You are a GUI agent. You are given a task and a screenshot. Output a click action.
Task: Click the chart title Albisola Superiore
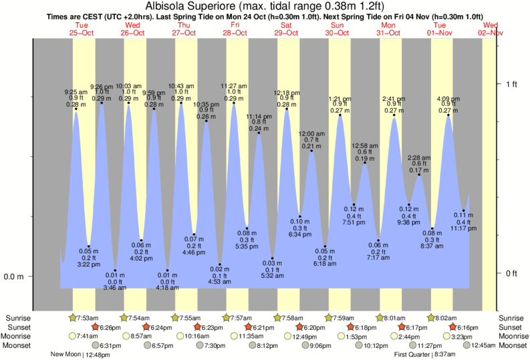203,6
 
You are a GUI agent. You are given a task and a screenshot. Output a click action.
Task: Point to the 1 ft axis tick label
512,84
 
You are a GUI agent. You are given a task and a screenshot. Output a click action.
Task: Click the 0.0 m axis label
13,277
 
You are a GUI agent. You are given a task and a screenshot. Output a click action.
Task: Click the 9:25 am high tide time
76,92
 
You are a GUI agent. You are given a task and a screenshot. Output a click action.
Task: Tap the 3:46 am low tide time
114,287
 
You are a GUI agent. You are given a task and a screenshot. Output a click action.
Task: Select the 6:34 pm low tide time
299,235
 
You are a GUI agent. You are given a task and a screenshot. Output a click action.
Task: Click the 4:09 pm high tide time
448,98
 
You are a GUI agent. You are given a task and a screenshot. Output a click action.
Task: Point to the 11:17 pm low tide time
463,228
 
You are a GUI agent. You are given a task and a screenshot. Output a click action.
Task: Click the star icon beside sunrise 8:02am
432,317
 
